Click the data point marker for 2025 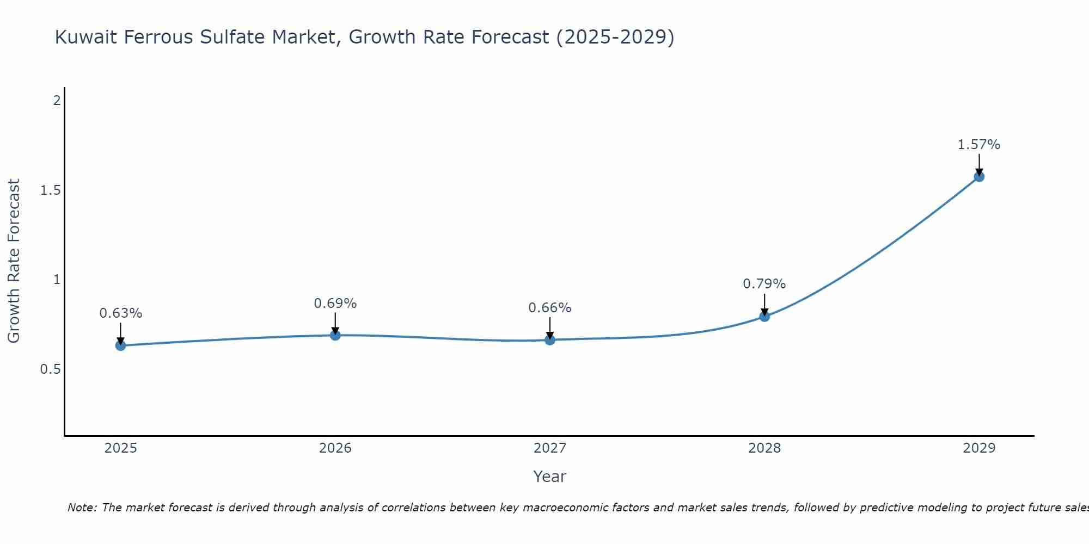coord(121,345)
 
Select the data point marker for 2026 coord(335,335)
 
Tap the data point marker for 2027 coord(550,340)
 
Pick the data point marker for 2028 coord(764,316)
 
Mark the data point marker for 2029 coord(979,176)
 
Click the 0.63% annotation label coord(121,313)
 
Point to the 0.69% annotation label coord(335,304)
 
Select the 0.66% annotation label coord(550,308)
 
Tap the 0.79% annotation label coord(764,284)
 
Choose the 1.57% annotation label coord(979,145)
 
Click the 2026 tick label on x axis coord(335,448)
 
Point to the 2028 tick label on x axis coord(764,448)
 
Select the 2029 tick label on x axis coord(979,448)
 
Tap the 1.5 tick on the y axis coord(50,190)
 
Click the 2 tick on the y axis coord(56,101)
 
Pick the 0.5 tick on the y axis coord(50,369)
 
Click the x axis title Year coord(550,477)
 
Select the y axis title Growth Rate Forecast coord(14,261)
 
